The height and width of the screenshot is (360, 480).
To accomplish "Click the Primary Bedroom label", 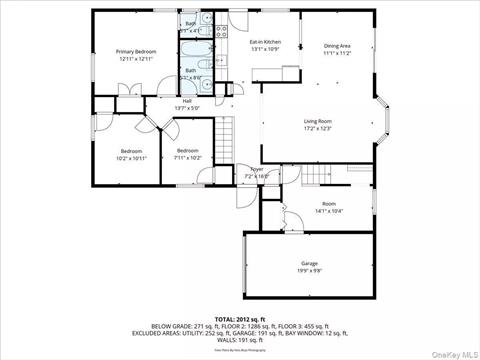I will (136, 50).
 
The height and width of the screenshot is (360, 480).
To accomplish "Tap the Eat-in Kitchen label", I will (264, 42).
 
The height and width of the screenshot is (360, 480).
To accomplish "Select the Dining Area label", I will (337, 46).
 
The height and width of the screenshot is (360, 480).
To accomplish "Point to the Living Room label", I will (318, 122).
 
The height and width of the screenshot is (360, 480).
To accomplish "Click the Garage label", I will (308, 262).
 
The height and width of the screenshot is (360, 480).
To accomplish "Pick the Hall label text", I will (187, 100).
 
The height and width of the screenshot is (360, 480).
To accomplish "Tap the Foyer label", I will (257, 170).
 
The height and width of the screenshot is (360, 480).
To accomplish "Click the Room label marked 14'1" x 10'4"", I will (328, 203).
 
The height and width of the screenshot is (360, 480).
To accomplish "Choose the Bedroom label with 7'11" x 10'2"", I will (189, 150).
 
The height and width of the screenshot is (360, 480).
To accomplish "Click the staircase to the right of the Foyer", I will (314, 176).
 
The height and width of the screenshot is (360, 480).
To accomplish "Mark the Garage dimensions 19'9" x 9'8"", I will (308, 270).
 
